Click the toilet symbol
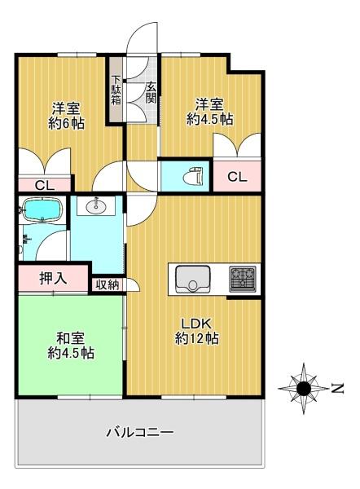(195, 176)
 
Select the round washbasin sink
(96, 205)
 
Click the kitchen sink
(192, 279)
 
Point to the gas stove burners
(243, 279)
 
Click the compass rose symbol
(304, 388)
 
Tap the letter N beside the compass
(337, 388)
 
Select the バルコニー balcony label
(139, 432)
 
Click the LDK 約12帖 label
(196, 331)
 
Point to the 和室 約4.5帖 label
(71, 346)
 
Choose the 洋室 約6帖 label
(67, 116)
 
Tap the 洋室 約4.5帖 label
(210, 112)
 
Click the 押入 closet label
(53, 278)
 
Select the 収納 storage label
(108, 284)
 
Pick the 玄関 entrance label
(151, 92)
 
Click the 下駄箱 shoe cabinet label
(116, 90)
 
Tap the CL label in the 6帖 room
(45, 186)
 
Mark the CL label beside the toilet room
(237, 177)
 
